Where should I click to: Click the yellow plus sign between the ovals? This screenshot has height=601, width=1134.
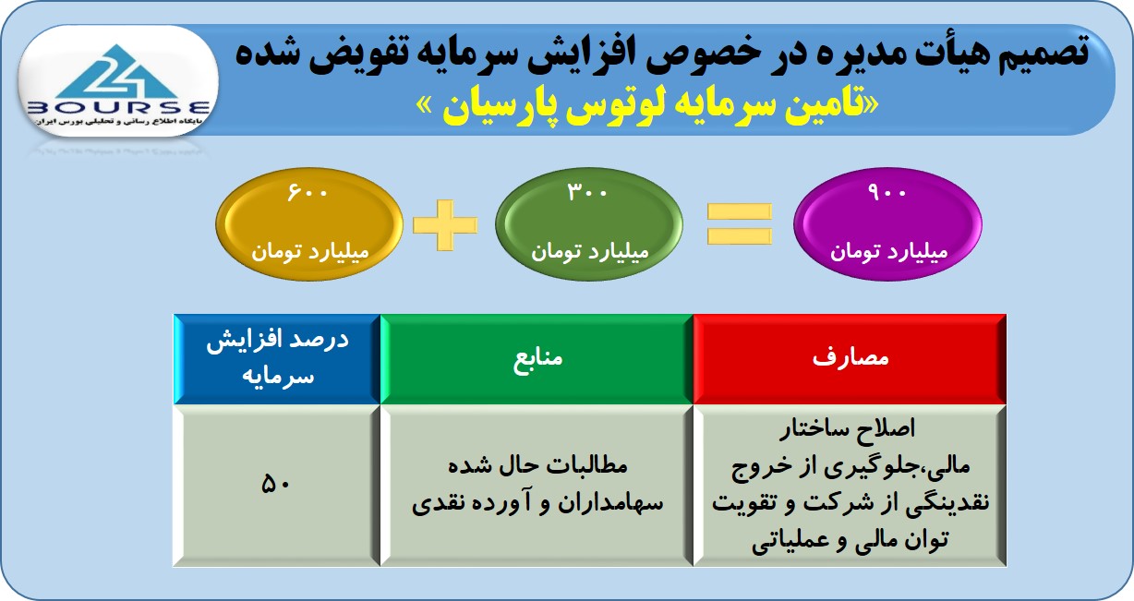[x=445, y=225]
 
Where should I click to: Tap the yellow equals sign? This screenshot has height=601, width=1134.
[x=739, y=223]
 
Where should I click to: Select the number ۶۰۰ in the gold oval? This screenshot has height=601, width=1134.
[x=308, y=192]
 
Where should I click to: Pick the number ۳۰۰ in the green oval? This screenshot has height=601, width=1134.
[x=587, y=192]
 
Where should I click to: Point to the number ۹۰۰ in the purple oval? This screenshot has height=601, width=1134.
[x=887, y=192]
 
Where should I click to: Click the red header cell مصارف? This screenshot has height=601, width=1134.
[x=850, y=359]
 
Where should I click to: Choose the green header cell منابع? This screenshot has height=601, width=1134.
[x=537, y=359]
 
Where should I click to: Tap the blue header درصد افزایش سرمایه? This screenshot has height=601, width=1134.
[x=277, y=359]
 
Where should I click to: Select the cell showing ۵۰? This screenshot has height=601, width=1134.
[x=276, y=485]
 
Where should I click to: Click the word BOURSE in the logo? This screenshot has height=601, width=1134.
[x=118, y=107]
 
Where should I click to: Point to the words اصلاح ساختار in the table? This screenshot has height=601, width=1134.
[x=848, y=429]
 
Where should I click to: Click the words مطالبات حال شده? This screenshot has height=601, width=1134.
[x=537, y=465]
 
